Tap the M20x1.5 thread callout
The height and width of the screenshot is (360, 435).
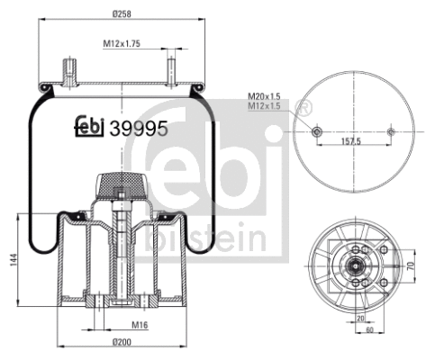265,96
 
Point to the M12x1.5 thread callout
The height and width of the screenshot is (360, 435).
265,107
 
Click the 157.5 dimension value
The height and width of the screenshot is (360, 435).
352,141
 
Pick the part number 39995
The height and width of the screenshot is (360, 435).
138,128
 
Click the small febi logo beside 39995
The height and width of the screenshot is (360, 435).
88,128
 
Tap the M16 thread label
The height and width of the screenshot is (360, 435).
140,325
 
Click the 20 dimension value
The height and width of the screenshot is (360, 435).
360,319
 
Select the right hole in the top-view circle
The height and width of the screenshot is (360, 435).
390,131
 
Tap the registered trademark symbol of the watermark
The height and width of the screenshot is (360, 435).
305,109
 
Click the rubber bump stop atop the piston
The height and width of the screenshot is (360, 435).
119,185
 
